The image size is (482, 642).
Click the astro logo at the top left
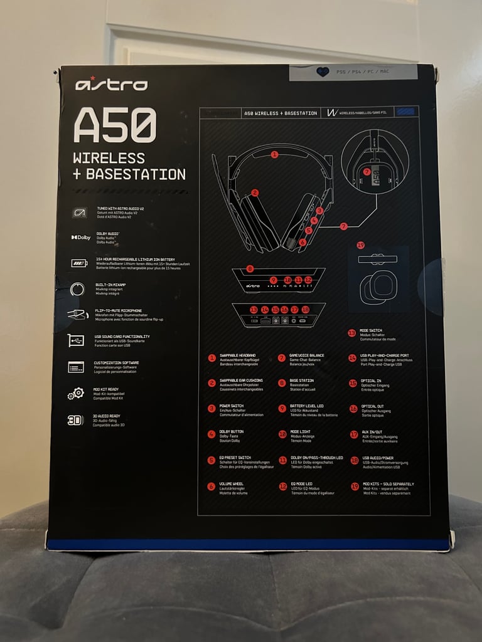point(112,85)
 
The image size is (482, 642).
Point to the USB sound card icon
point(76,340)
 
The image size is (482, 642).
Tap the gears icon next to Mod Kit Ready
point(76,393)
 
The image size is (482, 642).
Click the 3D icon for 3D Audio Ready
point(75,420)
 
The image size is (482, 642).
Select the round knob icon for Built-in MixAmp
point(78,289)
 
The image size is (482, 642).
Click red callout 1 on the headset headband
point(274,154)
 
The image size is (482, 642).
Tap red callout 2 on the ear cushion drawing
point(255,193)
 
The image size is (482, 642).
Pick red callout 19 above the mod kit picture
point(360,245)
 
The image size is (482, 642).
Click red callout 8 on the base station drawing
point(250,269)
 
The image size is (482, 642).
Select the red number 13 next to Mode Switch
point(351,333)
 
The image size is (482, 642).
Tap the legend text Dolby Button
point(232,432)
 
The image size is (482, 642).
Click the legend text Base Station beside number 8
point(303,381)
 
